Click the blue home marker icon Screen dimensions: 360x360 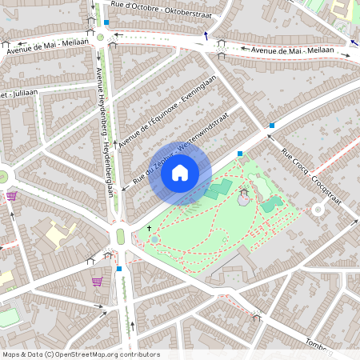click(x=180, y=173)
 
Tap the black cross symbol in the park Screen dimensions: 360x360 click(x=149, y=228)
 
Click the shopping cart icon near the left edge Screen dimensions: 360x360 click(x=11, y=196)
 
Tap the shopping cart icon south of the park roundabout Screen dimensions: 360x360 click(x=97, y=282)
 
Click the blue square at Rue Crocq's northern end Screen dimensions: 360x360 click(x=273, y=126)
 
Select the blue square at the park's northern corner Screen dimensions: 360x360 click(x=239, y=154)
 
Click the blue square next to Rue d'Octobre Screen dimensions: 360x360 click(x=106, y=22)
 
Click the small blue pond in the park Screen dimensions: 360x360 click(x=154, y=239)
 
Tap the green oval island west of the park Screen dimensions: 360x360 click(x=121, y=236)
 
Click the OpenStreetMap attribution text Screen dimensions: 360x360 click(x=81, y=354)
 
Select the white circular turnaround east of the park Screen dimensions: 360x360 click(x=318, y=210)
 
